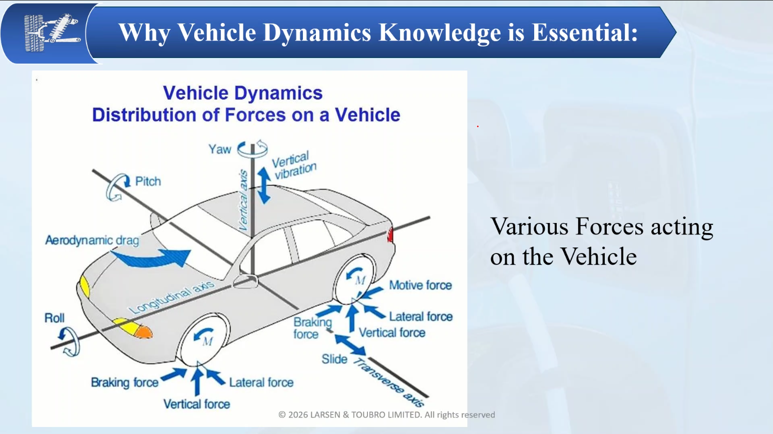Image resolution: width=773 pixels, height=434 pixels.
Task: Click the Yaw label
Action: tap(219, 149)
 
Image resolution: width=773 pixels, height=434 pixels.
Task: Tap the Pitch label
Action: tap(148, 181)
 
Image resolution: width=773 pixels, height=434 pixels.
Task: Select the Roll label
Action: tap(54, 318)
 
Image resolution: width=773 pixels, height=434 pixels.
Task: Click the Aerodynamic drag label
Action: tap(92, 240)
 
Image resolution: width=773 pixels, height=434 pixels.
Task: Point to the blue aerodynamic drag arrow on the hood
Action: tap(152, 258)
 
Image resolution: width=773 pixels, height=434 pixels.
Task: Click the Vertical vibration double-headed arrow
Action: tap(264, 185)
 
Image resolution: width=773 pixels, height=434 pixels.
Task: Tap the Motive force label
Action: tap(421, 285)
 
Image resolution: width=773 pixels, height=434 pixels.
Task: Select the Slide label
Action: tap(334, 359)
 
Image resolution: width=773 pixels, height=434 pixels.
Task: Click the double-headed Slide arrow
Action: tap(350, 344)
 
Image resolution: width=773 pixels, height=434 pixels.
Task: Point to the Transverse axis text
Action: tap(388, 382)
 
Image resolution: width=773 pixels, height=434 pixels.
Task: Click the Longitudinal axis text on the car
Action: tap(171, 297)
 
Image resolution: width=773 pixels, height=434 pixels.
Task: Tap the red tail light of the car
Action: tap(391, 235)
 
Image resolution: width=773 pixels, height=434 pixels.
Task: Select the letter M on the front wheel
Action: tap(207, 341)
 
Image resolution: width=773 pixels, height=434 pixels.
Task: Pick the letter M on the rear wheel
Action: tap(360, 280)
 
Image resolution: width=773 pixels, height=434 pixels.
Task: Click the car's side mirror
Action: tap(246, 281)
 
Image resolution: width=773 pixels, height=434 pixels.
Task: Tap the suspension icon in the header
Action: tap(52, 32)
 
